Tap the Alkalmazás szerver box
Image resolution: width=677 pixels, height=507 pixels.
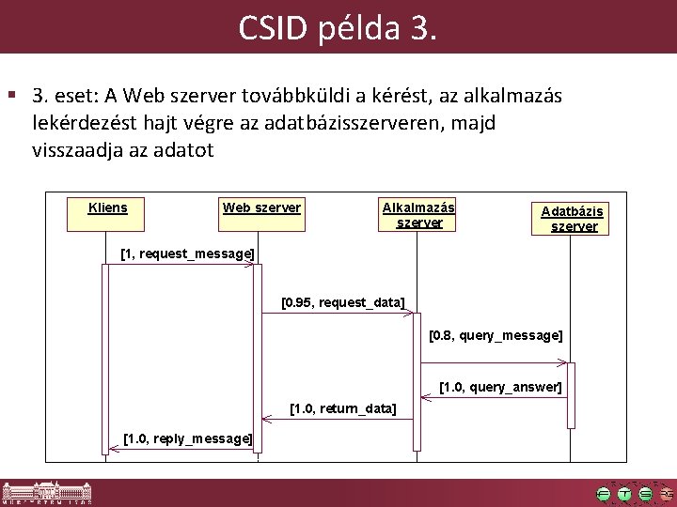(x=417, y=214)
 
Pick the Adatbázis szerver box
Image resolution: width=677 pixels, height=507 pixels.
(x=573, y=218)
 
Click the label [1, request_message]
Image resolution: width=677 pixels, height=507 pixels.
(x=188, y=253)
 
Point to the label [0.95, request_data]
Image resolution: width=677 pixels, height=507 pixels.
(x=343, y=302)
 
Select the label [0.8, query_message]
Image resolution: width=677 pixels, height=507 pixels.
(x=496, y=334)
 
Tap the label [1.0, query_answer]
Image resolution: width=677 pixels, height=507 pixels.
(x=501, y=386)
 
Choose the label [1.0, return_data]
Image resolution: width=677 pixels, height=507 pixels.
(x=343, y=408)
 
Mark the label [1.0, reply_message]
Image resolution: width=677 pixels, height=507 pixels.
(x=188, y=438)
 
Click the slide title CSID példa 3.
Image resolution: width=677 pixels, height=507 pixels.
(x=338, y=28)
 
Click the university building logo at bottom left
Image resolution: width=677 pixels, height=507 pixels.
(x=47, y=494)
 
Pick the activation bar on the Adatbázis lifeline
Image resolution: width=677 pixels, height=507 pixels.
(x=571, y=394)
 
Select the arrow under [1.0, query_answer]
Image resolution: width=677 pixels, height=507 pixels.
(x=495, y=396)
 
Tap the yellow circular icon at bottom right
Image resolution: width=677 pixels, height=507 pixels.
(x=625, y=494)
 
